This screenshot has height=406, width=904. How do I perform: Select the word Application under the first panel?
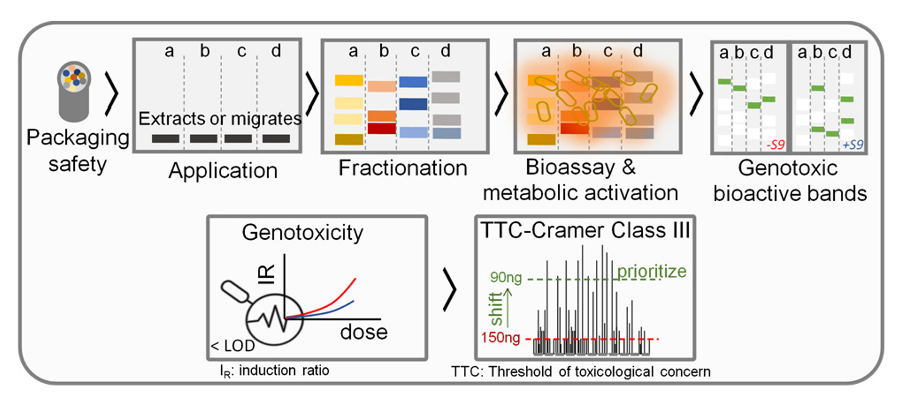pos(223,171)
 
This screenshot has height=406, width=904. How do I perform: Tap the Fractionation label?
pos(403,168)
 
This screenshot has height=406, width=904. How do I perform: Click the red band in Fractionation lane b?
pos(381,129)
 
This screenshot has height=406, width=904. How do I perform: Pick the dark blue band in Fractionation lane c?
pos(413,104)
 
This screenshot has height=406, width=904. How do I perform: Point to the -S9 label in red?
pos(776,145)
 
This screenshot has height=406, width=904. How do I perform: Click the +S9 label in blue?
pos(853,145)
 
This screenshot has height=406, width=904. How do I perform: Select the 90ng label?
pos(505,278)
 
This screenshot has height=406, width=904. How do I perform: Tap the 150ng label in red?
pos(500,338)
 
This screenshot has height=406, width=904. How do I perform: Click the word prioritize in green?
pos(652,271)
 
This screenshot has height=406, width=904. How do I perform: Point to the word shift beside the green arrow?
pos(496,308)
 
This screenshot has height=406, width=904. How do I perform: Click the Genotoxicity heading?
pos(302,232)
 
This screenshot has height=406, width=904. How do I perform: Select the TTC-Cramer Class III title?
pos(585,230)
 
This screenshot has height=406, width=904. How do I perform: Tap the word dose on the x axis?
pos(363,332)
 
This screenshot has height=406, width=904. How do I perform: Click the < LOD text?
pos(233,346)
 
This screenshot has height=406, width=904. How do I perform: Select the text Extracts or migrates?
pos(219,118)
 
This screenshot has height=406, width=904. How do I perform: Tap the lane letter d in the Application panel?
pos(276,51)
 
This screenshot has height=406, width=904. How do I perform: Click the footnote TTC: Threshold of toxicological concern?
pos(581,371)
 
